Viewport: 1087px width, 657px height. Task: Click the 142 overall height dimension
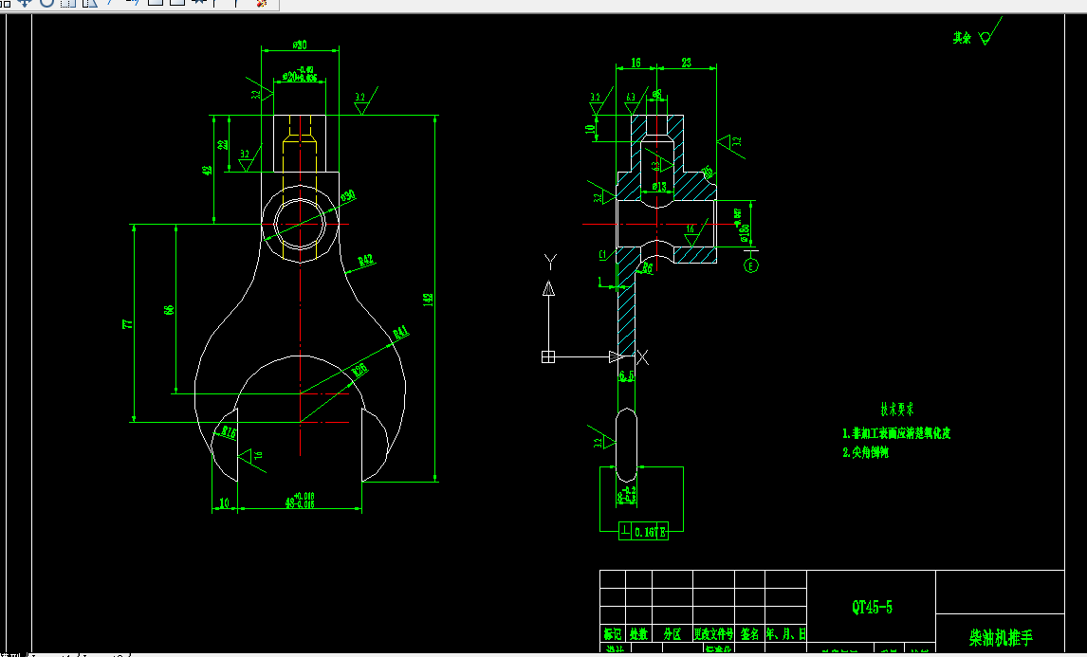(428, 299)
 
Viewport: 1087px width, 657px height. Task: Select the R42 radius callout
(366, 261)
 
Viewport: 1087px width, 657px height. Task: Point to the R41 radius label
(399, 333)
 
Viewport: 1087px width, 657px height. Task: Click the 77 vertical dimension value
(127, 324)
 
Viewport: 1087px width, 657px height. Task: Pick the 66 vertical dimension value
(169, 310)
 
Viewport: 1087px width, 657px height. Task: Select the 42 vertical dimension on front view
(208, 171)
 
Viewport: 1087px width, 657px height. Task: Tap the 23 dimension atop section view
(686, 63)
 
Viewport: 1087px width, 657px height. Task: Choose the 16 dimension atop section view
(635, 63)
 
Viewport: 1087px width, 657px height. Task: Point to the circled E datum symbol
(751, 265)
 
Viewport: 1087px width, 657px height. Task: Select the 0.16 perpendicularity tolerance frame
(644, 532)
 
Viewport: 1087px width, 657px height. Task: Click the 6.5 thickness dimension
(625, 377)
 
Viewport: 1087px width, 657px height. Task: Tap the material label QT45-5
(871, 607)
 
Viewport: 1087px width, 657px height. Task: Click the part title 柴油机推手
(1000, 637)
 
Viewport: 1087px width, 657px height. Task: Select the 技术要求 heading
(896, 411)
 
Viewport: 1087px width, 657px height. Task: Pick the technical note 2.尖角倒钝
(865, 452)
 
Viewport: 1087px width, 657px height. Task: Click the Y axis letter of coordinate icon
(548, 259)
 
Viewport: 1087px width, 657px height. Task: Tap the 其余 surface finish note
(962, 38)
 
